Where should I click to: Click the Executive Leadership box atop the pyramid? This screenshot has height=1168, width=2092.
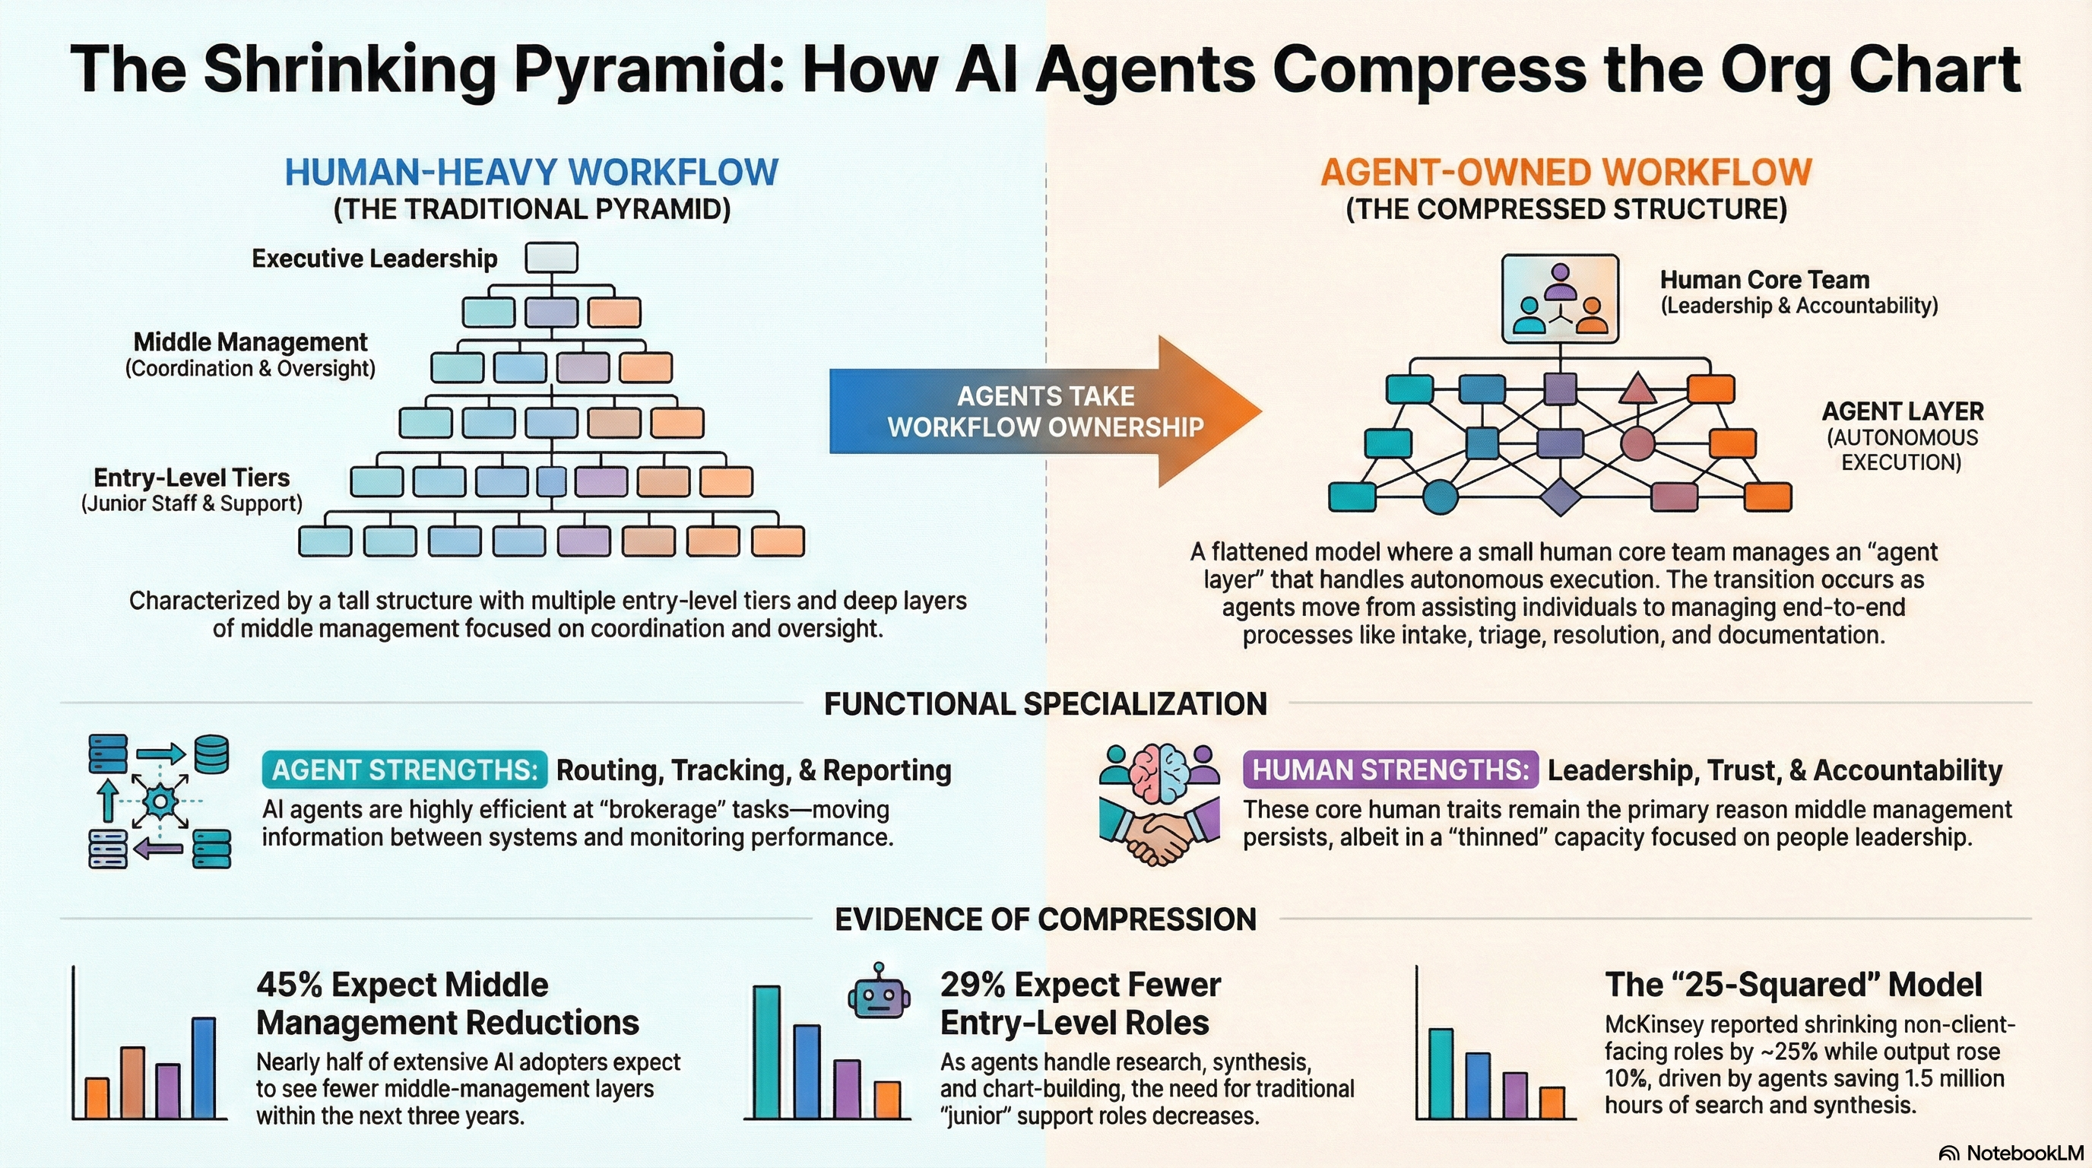pyautogui.click(x=551, y=258)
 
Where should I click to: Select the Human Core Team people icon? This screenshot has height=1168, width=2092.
pyautogui.click(x=1559, y=298)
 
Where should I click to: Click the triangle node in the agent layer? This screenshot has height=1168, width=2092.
pyautogui.click(x=1637, y=389)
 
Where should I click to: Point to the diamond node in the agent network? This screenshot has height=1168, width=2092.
pyautogui.click(x=1560, y=497)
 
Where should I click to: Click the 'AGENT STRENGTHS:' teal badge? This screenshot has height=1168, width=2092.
pyautogui.click(x=404, y=770)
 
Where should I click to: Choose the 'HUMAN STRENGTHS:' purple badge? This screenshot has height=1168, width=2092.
pyautogui.click(x=1390, y=770)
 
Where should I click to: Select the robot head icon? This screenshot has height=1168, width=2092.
pyautogui.click(x=878, y=992)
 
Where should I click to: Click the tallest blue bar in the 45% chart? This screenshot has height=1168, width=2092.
pyautogui.click(x=204, y=1068)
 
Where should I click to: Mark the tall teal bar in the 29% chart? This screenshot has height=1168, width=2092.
pyautogui.click(x=765, y=1052)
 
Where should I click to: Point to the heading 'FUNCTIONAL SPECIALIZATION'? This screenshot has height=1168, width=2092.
pyautogui.click(x=1045, y=703)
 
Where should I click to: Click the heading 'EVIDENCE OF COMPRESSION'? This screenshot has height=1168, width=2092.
pyautogui.click(x=1045, y=919)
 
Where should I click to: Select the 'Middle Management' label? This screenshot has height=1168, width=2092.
pyautogui.click(x=250, y=342)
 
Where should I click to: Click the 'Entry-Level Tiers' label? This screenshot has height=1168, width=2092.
pyautogui.click(x=192, y=478)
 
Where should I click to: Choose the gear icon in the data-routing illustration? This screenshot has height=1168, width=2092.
pyautogui.click(x=160, y=801)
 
